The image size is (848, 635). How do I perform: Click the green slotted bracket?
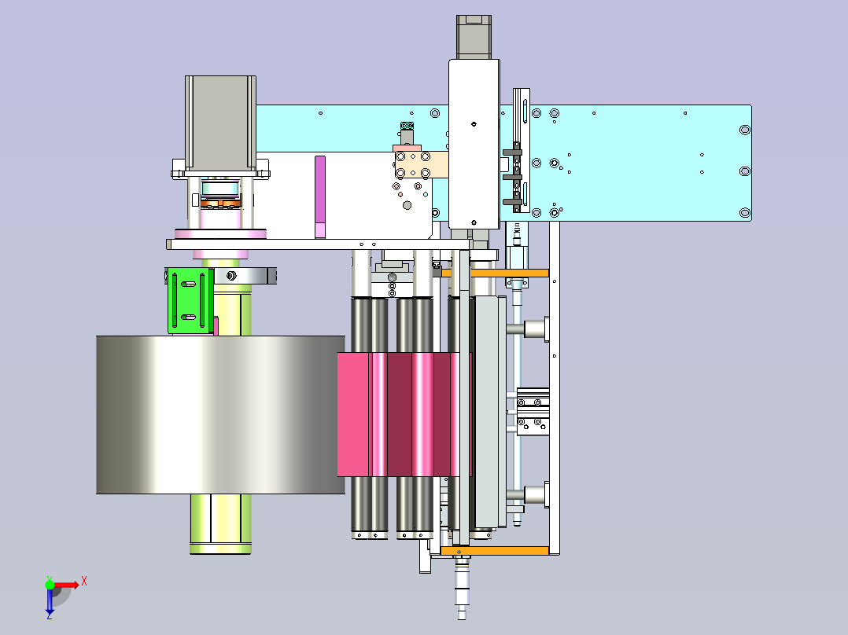pos(190,300)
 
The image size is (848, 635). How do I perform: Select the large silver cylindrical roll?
pos(220,414)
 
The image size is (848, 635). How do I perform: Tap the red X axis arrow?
pos(67,585)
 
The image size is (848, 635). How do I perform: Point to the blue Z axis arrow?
pos(50,602)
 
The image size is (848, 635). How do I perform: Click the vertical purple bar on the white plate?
pos(320,196)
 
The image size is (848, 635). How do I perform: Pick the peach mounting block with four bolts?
pos(422,165)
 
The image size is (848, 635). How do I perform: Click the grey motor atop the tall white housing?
pos(474,37)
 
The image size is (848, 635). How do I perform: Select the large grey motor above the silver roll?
pos(220,123)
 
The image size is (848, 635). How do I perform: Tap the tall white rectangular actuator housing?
pos(474,145)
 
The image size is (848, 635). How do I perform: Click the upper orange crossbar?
pos(494,273)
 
